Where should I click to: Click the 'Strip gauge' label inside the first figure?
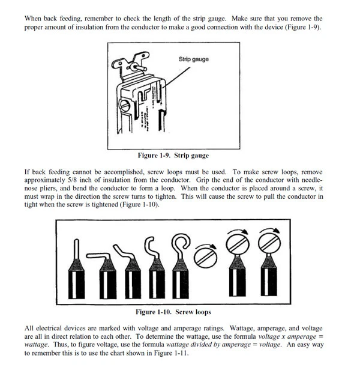click(x=193, y=59)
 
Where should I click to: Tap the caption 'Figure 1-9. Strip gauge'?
click(x=173, y=156)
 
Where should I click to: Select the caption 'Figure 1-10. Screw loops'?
click(x=173, y=312)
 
